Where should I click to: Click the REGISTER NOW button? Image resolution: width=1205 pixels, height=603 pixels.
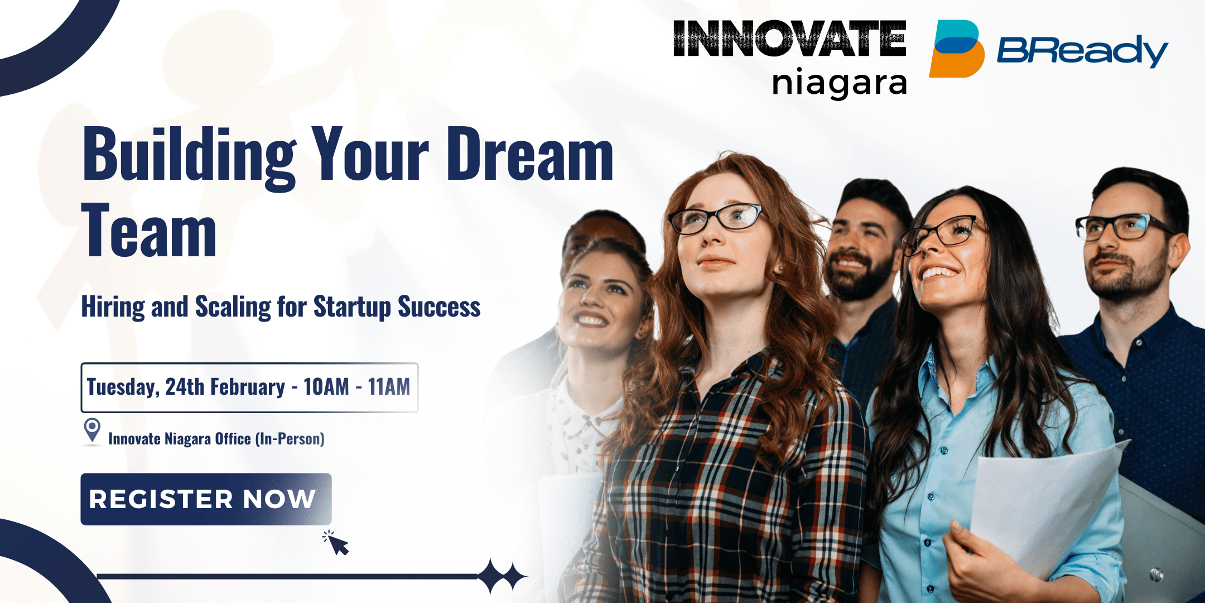[206, 499]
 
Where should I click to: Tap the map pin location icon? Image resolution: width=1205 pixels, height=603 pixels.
[92, 432]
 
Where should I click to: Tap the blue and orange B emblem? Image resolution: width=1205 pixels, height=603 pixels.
[956, 49]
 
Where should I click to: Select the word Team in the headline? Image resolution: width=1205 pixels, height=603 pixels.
[149, 230]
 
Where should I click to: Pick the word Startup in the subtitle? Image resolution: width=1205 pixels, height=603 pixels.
[352, 308]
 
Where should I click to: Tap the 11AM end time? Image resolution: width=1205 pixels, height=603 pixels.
[389, 386]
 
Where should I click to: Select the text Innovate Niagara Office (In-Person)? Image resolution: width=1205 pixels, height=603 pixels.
[216, 439]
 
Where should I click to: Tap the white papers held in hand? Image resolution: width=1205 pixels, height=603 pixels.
[1043, 505]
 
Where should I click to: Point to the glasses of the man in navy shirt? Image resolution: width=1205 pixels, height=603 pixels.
[1121, 227]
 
